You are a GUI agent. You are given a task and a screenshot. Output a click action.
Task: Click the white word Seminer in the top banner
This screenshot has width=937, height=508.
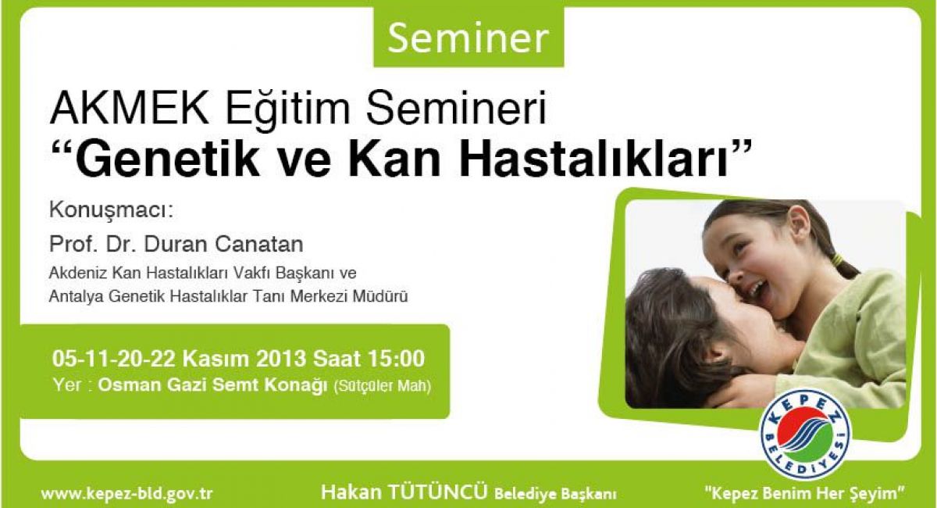pos(468,38)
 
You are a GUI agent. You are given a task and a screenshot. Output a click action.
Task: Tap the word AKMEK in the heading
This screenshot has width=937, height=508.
pos(130,109)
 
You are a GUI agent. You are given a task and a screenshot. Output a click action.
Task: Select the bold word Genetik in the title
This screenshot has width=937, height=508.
pos(167,160)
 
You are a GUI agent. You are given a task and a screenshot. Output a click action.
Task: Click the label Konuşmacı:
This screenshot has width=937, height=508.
pos(111,211)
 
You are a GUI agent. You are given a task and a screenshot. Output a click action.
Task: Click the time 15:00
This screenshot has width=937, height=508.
pos(396,359)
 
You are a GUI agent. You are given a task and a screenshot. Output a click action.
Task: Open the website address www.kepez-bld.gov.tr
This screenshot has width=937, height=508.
pos(126,493)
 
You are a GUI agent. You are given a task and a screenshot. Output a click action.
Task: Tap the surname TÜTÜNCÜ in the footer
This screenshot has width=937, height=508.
pos(438,492)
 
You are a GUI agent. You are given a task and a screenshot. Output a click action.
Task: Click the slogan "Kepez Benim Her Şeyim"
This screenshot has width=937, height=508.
pos(805,492)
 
